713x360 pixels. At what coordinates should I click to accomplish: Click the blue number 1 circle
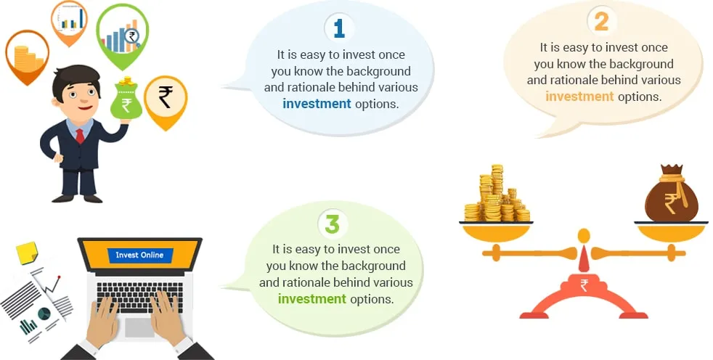pos(339,28)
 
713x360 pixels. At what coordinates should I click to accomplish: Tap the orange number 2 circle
pos(601,21)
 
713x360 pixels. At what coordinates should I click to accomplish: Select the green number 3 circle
pos(333,224)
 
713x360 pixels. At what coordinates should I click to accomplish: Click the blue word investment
pos(317,104)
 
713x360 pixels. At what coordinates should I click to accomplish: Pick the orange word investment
pos(580,97)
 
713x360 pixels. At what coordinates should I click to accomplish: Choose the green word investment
pos(312,298)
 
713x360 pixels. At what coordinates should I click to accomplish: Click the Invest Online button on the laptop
pos(139,255)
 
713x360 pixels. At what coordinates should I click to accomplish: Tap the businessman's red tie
pos(80,136)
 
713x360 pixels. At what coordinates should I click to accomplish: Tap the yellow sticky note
pos(28,253)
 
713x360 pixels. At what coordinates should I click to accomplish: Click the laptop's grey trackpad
pos(140,327)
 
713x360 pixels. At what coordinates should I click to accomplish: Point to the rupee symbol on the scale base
pos(584,286)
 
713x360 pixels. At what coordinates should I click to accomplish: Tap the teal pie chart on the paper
pos(44,313)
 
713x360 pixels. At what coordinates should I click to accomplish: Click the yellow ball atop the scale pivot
pos(584,236)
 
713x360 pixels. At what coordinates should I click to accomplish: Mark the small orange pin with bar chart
pos(69,22)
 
